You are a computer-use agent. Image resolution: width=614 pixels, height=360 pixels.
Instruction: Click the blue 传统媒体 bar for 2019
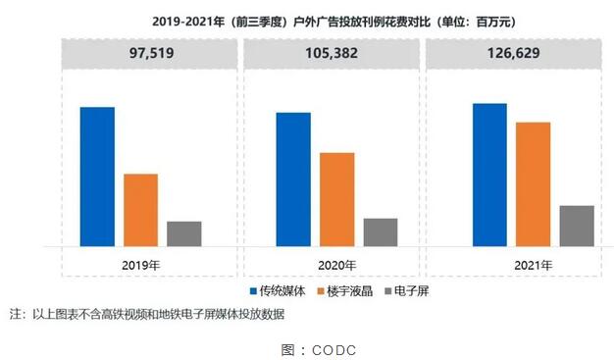pyautogui.click(x=97, y=177)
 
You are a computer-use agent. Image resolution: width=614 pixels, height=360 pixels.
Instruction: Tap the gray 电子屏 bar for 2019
pyautogui.click(x=183, y=233)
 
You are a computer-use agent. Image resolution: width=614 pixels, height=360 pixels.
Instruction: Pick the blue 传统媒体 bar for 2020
pyautogui.click(x=293, y=180)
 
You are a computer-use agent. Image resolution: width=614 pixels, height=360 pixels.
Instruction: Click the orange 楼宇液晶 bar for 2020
pyautogui.click(x=336, y=199)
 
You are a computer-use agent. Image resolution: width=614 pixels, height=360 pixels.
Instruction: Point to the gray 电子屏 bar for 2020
pyautogui.click(x=380, y=231)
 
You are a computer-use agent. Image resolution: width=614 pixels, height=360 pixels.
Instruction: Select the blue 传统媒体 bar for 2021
pyautogui.click(x=489, y=175)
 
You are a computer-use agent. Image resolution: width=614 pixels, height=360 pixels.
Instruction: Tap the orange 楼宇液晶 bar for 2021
pyautogui.click(x=533, y=184)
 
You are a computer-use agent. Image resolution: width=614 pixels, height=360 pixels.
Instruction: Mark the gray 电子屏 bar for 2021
pyautogui.click(x=576, y=226)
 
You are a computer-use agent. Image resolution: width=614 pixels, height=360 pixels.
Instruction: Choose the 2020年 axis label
pyautogui.click(x=336, y=264)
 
